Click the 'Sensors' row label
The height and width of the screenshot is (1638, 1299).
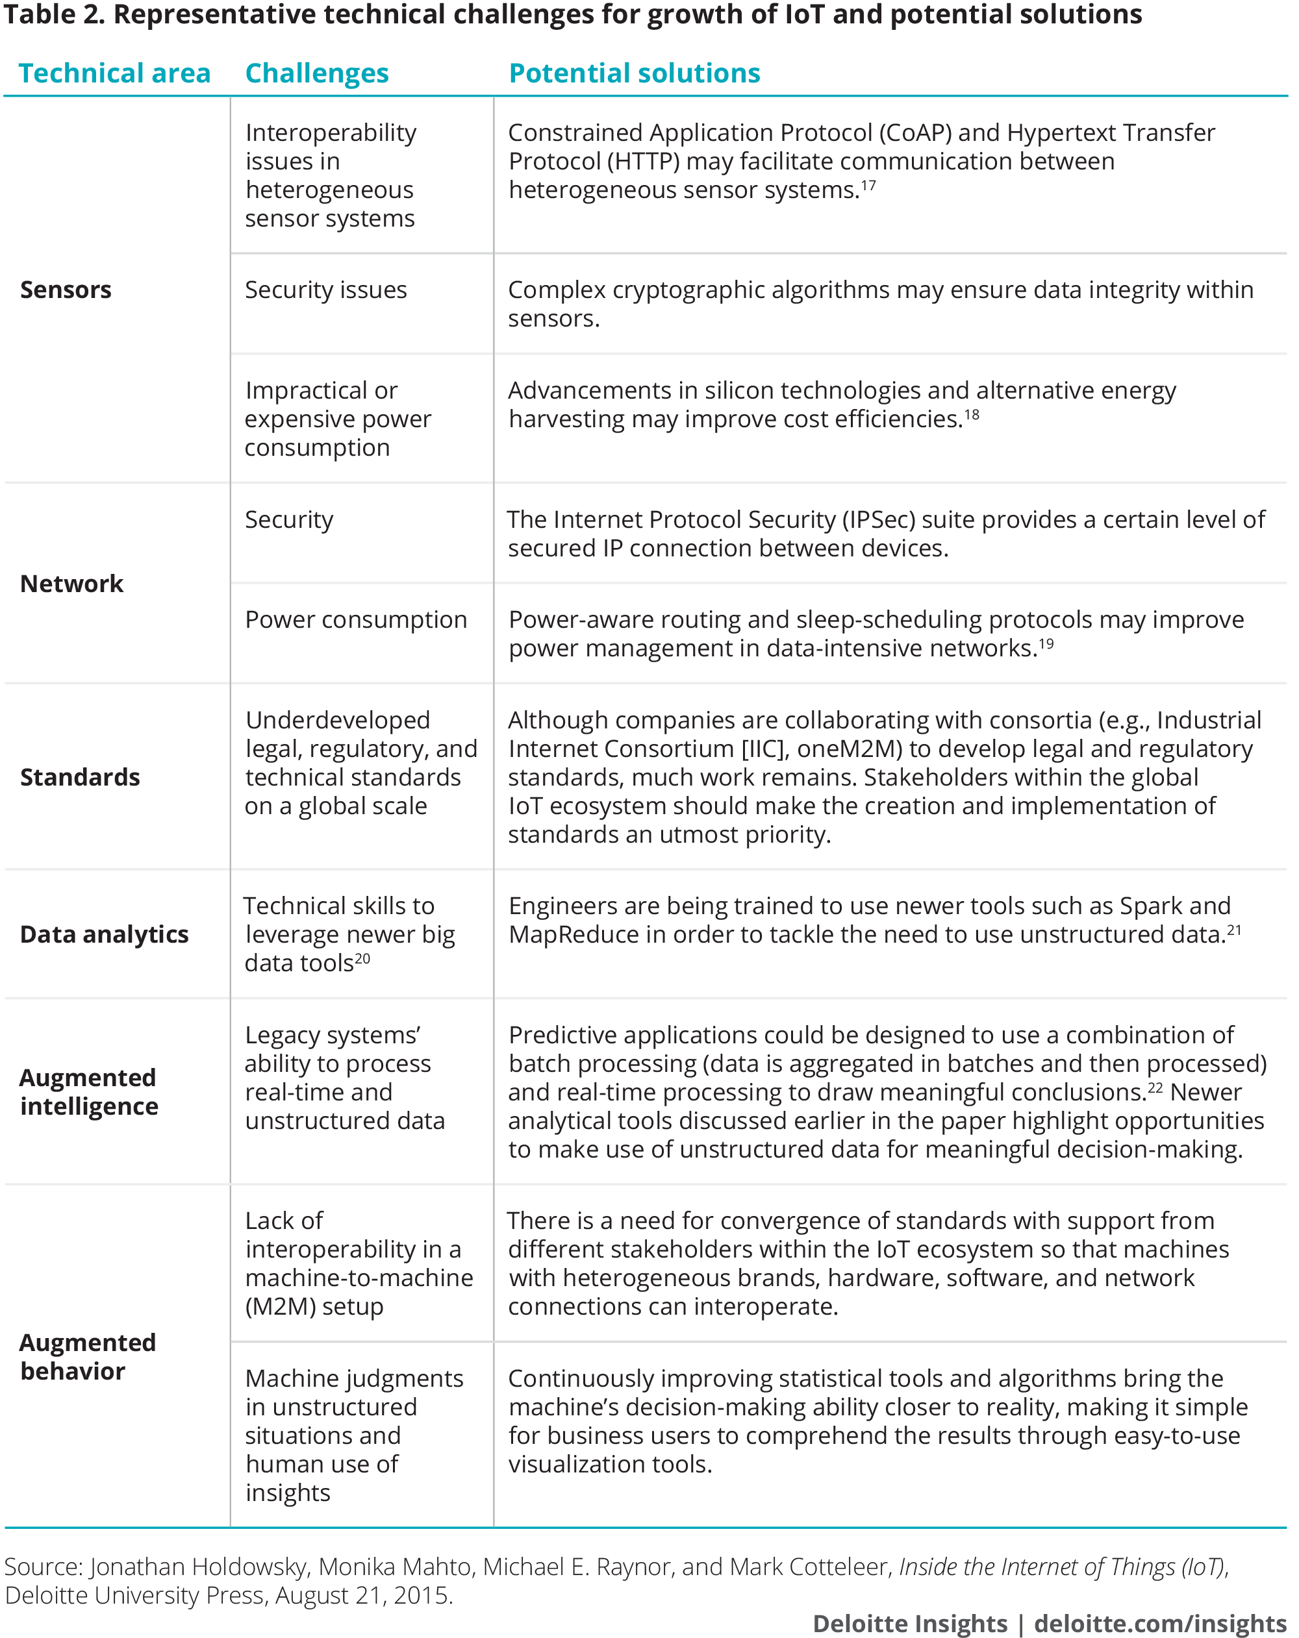pyautogui.click(x=66, y=290)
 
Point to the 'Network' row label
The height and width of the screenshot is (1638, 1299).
pyautogui.click(x=71, y=584)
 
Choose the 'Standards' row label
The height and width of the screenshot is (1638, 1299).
pyautogui.click(x=80, y=777)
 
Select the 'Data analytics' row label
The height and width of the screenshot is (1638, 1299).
pyautogui.click(x=104, y=934)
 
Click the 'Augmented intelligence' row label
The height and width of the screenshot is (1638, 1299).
pyautogui.click(x=89, y=1092)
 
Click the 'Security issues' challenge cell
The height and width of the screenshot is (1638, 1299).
pyautogui.click(x=325, y=290)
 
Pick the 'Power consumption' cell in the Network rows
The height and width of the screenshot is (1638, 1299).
pyautogui.click(x=356, y=619)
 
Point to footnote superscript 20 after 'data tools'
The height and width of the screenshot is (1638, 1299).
pyautogui.click(x=362, y=958)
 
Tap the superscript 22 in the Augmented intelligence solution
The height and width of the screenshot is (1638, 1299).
pyautogui.click(x=1155, y=1087)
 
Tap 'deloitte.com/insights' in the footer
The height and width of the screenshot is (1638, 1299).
pyautogui.click(x=1160, y=1624)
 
